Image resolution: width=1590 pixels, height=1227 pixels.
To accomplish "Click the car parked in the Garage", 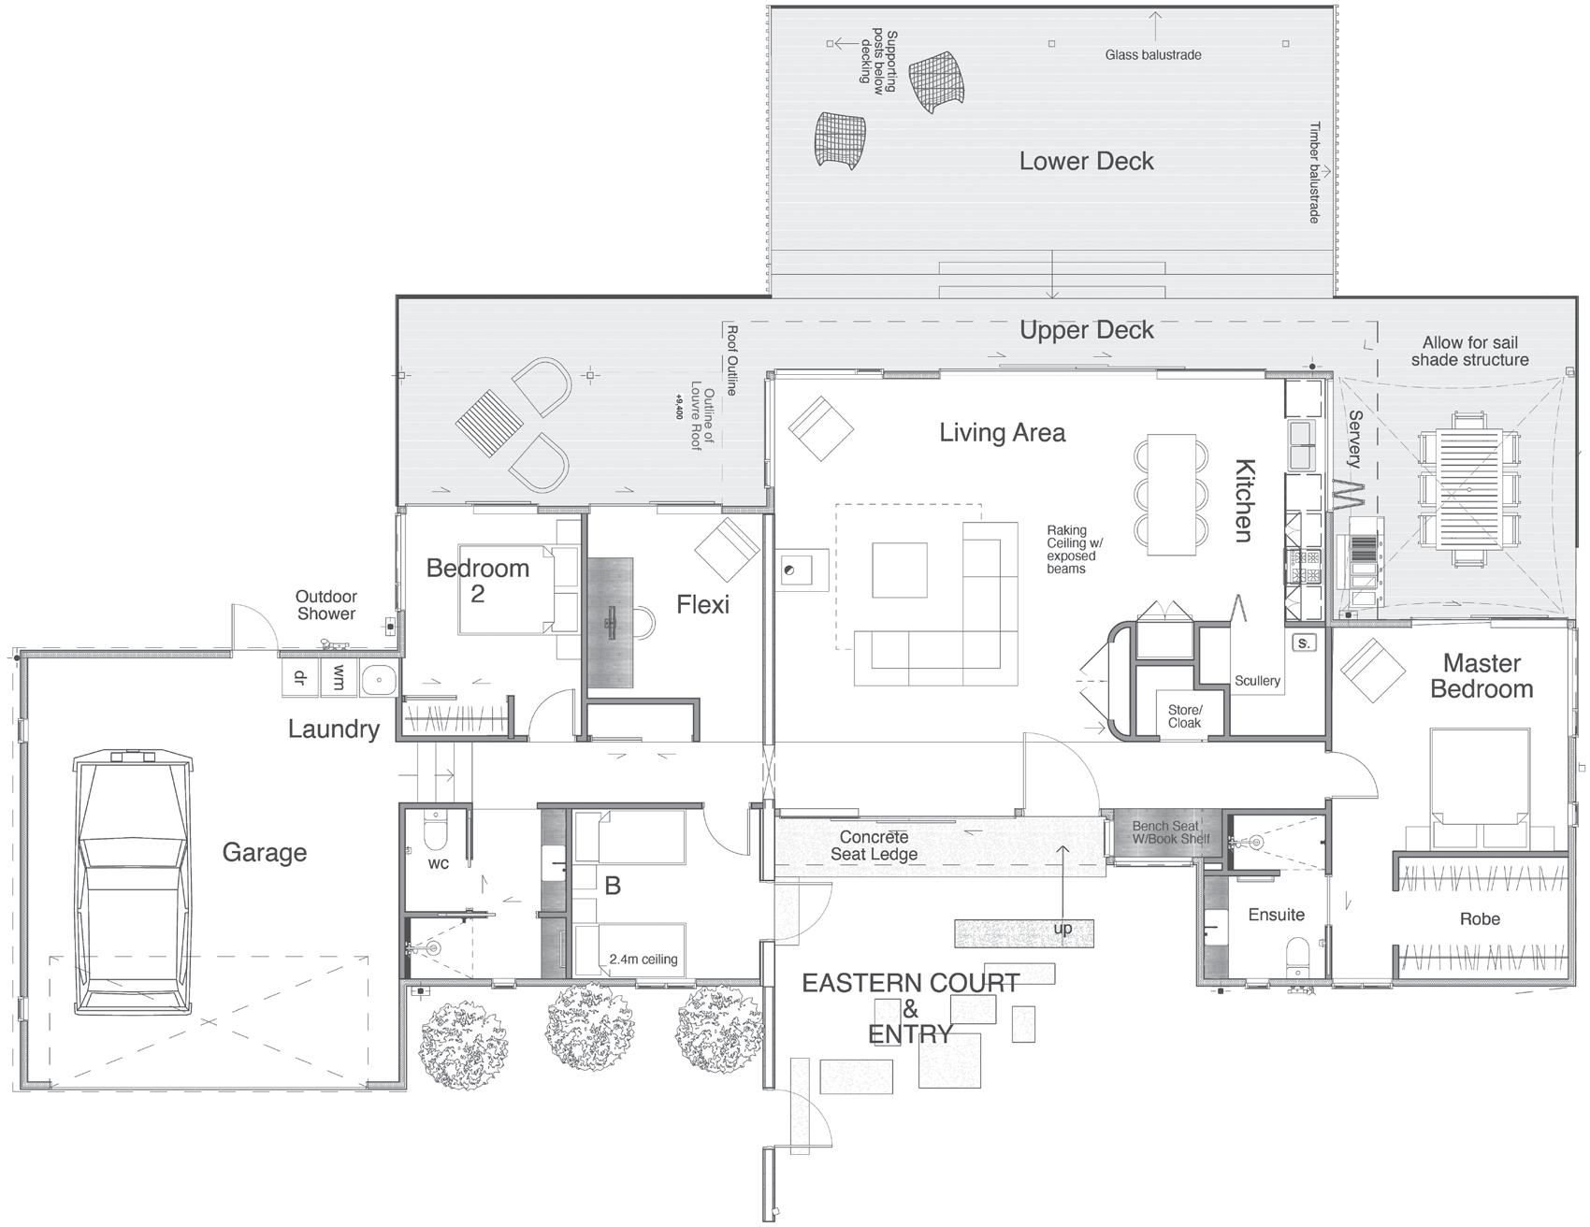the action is tap(133, 882).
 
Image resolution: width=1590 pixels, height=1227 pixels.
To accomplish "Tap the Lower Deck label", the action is tap(1086, 162).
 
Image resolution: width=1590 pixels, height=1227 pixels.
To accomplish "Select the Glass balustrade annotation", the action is tap(1153, 55).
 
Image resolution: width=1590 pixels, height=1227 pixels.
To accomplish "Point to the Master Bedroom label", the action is tap(1482, 676).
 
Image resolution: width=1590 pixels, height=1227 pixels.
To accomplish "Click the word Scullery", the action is tap(1257, 681).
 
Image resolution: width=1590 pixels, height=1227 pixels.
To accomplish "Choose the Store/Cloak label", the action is tap(1184, 716).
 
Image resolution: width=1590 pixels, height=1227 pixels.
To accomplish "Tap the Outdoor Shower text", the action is tap(326, 605).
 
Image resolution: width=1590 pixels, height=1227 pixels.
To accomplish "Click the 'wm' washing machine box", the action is tap(338, 678).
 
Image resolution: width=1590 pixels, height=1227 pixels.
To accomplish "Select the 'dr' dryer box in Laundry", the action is tap(300, 678).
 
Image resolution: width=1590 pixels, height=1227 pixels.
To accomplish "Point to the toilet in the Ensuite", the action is tap(1298, 959).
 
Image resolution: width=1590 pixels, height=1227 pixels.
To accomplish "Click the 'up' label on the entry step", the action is tap(1062, 929).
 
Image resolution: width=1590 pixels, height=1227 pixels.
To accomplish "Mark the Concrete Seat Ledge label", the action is tap(874, 845).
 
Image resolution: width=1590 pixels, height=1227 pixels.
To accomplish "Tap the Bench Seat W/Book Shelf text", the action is tap(1170, 832).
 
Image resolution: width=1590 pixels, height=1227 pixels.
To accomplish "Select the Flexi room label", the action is tap(702, 605).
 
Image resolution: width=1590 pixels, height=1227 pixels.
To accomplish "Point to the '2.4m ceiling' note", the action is tap(643, 960).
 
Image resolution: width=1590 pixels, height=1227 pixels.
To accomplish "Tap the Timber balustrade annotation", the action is tap(1314, 172).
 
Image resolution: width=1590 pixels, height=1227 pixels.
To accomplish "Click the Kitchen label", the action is tap(1243, 499).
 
